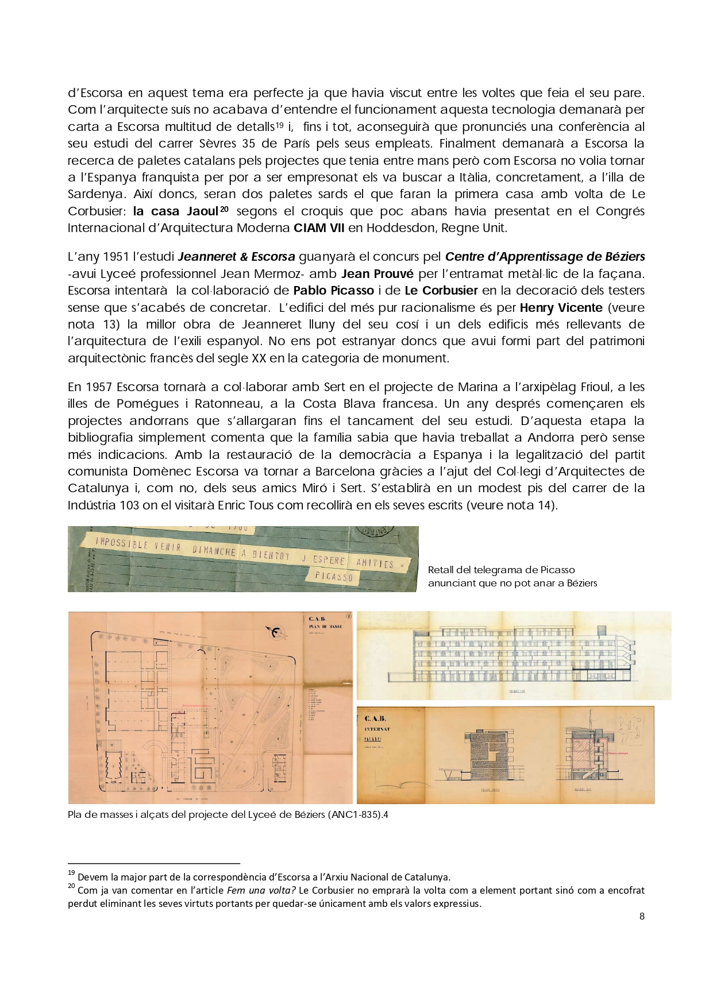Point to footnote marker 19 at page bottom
click(71, 873)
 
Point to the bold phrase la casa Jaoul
click(178, 211)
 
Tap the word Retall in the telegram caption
click(441, 570)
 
